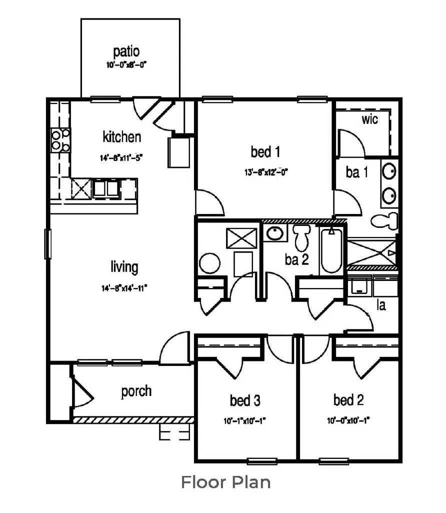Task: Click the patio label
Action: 125,51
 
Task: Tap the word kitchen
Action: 121,136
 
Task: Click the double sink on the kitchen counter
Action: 105,188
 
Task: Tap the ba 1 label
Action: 356,172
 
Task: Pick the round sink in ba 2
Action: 273,233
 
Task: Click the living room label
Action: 124,267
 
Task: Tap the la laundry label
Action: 381,304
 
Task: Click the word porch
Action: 136,391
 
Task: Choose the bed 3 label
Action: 244,400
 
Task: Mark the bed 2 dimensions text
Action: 348,420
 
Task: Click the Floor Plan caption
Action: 225,482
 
